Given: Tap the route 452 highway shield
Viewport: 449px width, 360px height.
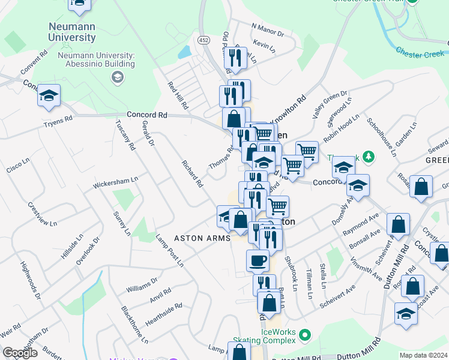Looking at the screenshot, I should coord(204,40).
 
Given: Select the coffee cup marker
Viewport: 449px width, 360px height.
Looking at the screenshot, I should coord(258,260).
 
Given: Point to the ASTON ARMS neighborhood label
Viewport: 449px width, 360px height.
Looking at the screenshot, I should coord(202,238).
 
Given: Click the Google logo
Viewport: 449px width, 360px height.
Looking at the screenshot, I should coord(20,353).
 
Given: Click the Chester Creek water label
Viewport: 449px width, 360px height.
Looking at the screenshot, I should coord(420,53).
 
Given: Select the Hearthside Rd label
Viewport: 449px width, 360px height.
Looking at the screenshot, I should coord(163,314).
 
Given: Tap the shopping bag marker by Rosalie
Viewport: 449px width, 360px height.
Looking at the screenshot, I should coord(422,185).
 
